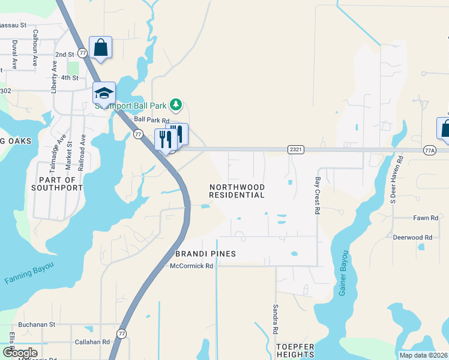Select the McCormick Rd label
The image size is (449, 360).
coord(192,266)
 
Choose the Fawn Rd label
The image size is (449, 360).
coord(426,218)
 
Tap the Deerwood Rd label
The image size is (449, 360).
coord(412,238)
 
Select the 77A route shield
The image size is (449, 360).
coord(430,150)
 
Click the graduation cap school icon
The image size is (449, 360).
coord(103,93)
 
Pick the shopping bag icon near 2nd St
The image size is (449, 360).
coord(100,47)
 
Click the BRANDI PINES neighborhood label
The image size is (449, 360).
coord(206,254)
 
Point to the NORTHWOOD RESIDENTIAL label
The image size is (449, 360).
coord(237,191)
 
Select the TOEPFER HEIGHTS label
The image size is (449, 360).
coord(295,350)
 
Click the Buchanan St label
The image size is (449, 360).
coord(37,324)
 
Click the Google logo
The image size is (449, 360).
coord(20,353)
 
